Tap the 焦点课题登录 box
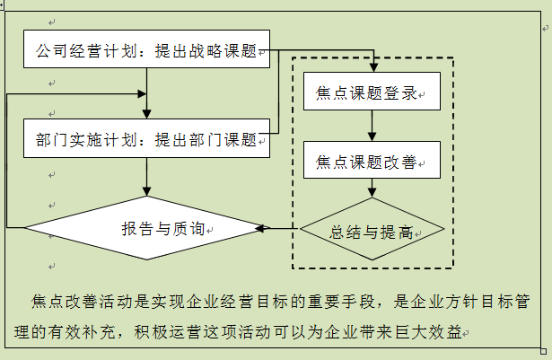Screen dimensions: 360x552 click(372, 92)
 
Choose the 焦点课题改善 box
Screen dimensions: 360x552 click(372, 162)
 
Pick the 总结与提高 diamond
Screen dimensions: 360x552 click(372, 231)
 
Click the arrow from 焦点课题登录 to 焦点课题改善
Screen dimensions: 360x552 click(372, 126)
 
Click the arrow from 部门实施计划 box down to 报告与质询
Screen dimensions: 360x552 click(147, 177)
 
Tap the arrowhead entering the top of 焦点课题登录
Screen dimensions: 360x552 click(372, 66)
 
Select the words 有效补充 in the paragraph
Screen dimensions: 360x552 click(97, 331)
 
